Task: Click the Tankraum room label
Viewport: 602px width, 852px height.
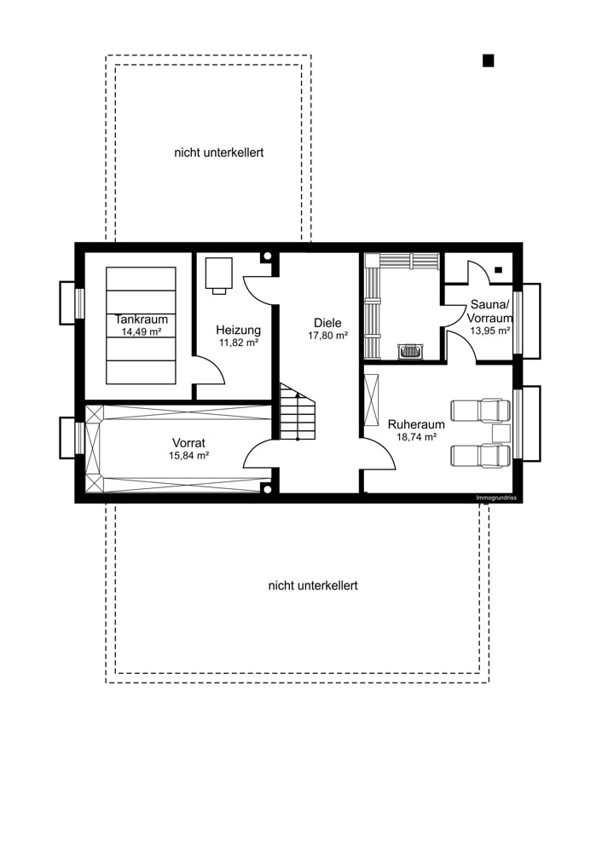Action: [x=142, y=319]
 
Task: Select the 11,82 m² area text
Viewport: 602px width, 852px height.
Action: [x=239, y=342]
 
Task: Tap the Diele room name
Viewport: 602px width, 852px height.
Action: [x=327, y=323]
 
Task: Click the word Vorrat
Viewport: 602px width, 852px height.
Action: [x=189, y=443]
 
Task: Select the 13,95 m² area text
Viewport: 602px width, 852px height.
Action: [x=484, y=331]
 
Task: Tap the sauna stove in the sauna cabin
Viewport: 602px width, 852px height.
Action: [x=410, y=349]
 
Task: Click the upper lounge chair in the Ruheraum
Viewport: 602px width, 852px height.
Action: [x=479, y=411]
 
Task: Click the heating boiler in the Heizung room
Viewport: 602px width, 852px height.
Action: [x=219, y=273]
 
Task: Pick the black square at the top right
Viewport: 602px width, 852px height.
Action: [x=489, y=60]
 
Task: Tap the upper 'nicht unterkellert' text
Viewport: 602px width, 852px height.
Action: [x=219, y=153]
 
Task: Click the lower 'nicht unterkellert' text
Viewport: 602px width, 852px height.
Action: [x=313, y=585]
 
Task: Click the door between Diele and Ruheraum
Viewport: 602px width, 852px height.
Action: [x=378, y=453]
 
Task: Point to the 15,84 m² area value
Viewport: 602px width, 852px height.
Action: [x=189, y=456]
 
